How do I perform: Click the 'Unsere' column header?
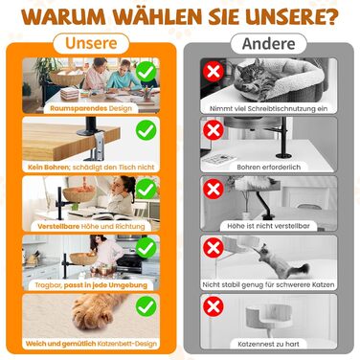pos(91,43)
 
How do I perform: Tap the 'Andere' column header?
pos(268,44)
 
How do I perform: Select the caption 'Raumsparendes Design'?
pos(91,108)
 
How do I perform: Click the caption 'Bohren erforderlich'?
pos(269,167)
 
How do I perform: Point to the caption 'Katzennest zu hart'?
pos(268,344)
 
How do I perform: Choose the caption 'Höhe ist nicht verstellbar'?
pos(268,226)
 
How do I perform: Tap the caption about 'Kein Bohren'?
pos(91,167)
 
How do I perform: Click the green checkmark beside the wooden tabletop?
pos(146,130)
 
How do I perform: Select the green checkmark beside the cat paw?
pos(146,306)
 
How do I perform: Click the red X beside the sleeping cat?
pos(214,71)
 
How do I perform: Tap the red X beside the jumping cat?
pos(214,248)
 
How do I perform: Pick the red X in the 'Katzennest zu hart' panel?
pos(214,306)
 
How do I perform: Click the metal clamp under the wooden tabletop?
pos(97,146)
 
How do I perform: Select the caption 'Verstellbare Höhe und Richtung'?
pos(91,226)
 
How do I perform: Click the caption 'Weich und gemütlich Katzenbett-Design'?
pos(91,344)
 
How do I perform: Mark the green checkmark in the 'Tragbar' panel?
pos(146,248)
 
